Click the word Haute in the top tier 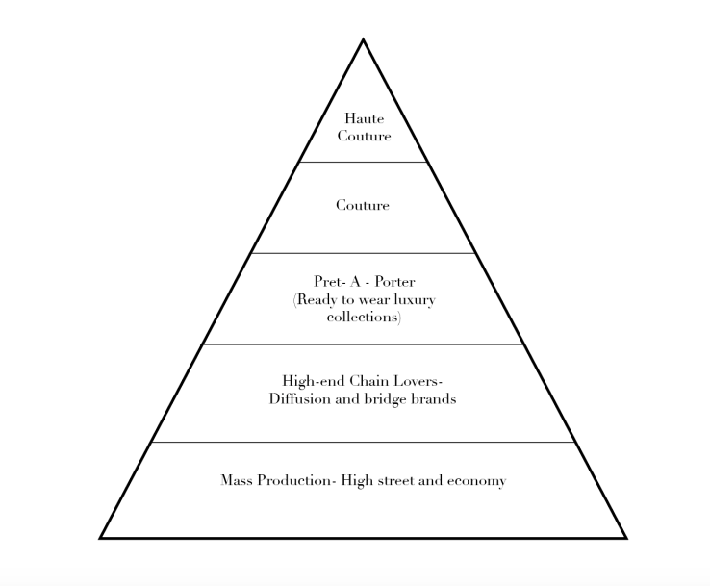point(364,118)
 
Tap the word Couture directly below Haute point(364,136)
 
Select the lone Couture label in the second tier point(363,206)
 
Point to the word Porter point(394,282)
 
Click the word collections point(363,317)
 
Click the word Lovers point(416,381)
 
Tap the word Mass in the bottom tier point(237,480)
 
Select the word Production point(294,480)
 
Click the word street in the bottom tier point(395,480)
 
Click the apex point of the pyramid point(363,39)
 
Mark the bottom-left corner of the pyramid point(100,538)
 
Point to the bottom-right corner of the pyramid point(626,538)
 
